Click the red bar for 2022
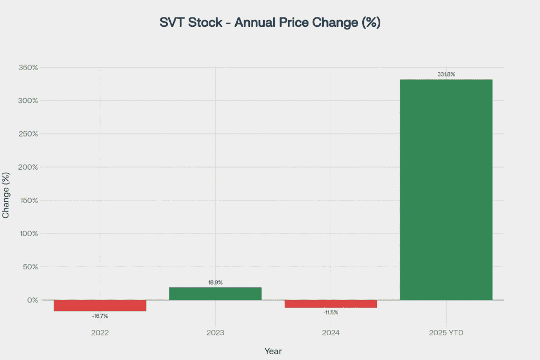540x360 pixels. pyautogui.click(x=100, y=305)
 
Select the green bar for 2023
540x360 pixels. pyautogui.click(x=215, y=294)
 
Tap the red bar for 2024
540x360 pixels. pyautogui.click(x=331, y=304)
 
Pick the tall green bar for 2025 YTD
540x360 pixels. pyautogui.click(x=446, y=190)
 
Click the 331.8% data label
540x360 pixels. pyautogui.click(x=446, y=74)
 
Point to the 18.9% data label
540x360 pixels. pyautogui.click(x=215, y=283)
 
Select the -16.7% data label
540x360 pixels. pyautogui.click(x=100, y=316)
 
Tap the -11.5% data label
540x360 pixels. pyautogui.click(x=331, y=313)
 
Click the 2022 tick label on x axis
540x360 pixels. pyautogui.click(x=100, y=333)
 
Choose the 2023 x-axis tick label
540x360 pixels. pyautogui.click(x=215, y=333)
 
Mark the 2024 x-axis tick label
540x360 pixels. pyautogui.click(x=331, y=333)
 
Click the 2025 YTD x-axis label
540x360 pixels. pyautogui.click(x=446, y=333)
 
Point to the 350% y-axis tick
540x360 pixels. pyautogui.click(x=28, y=67)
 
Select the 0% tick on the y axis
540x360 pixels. pyautogui.click(x=33, y=300)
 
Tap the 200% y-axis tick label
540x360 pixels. pyautogui.click(x=28, y=167)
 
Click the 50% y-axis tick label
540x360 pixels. pyautogui.click(x=30, y=267)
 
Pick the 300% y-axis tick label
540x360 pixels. pyautogui.click(x=28, y=101)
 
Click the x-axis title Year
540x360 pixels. pyautogui.click(x=273, y=351)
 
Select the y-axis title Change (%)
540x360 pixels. pyautogui.click(x=6, y=195)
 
